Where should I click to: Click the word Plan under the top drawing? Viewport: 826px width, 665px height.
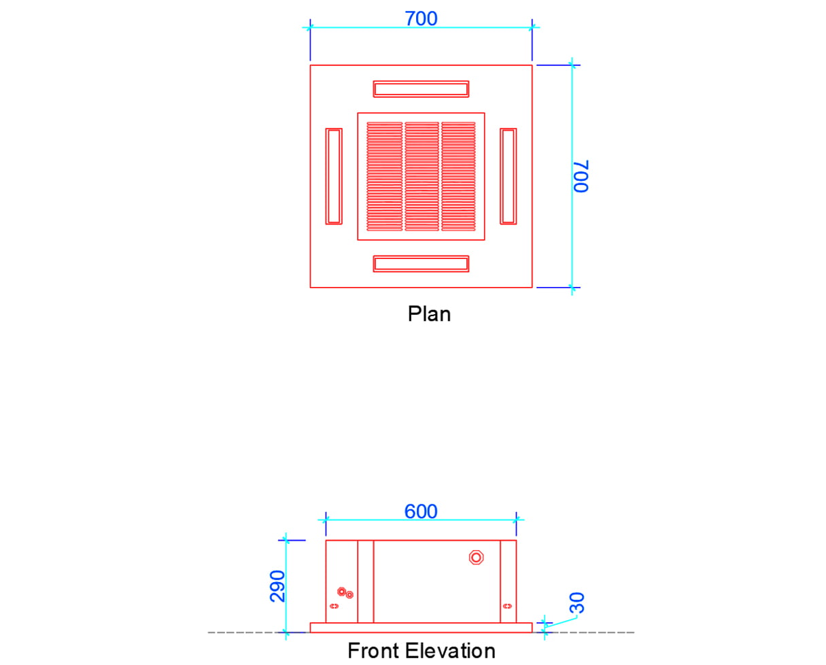click(429, 314)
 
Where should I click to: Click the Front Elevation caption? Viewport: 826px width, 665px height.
click(421, 651)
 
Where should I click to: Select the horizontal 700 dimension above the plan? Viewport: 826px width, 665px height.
click(421, 18)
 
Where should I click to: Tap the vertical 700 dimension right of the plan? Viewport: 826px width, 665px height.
click(581, 177)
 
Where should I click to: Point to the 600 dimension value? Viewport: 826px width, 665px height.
click(421, 511)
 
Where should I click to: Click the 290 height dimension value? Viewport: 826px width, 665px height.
click(277, 585)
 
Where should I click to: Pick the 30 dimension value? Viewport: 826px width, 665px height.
click(577, 602)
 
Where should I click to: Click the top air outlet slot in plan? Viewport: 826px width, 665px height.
click(421, 89)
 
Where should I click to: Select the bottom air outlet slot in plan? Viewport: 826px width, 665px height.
click(421, 264)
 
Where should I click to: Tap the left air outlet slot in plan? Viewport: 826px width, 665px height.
click(334, 176)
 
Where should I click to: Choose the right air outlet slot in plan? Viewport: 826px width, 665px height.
click(508, 176)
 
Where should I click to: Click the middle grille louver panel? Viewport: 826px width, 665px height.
click(421, 176)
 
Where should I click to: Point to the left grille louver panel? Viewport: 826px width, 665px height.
click(385, 176)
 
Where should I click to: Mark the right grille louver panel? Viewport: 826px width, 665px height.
click(458, 176)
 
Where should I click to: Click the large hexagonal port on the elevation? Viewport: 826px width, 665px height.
click(477, 558)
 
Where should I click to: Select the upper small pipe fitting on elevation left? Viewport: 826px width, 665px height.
click(341, 592)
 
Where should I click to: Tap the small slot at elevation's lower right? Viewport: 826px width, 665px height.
click(506, 606)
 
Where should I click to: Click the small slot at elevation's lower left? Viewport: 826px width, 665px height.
click(334, 606)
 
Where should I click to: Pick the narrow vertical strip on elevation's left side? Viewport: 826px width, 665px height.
click(366, 581)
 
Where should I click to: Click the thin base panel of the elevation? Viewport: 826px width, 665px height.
click(421, 628)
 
